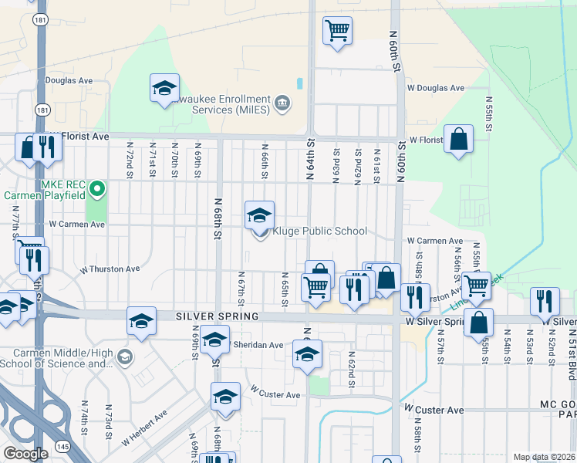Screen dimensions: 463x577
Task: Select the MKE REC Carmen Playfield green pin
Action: pyautogui.click(x=96, y=189)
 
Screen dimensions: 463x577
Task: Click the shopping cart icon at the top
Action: pyautogui.click(x=337, y=31)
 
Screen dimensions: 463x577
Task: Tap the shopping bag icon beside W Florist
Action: pyautogui.click(x=458, y=140)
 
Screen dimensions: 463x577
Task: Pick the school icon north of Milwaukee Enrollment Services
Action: pyautogui.click(x=164, y=89)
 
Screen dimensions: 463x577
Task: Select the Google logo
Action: pyautogui.click(x=25, y=454)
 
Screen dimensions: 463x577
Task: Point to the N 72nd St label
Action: pyautogui.click(x=129, y=161)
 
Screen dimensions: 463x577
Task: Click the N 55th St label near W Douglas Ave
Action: pyautogui.click(x=489, y=113)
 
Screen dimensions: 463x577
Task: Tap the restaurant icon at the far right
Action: pyautogui.click(x=545, y=302)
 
